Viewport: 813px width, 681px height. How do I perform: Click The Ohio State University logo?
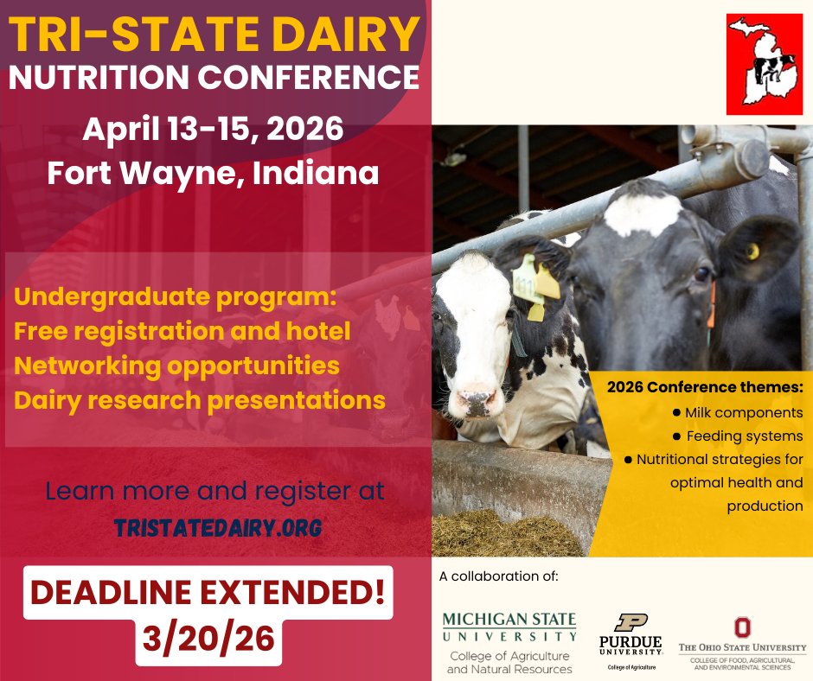(x=741, y=641)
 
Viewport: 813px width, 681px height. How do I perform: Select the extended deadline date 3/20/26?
(x=208, y=638)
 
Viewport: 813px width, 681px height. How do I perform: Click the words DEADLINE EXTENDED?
(x=208, y=594)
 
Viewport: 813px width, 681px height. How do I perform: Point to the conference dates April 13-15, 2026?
(x=213, y=130)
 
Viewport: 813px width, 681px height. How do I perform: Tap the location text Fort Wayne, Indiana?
(x=213, y=173)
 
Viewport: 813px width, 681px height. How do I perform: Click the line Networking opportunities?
(x=177, y=365)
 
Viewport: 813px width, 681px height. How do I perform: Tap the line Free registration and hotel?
(x=182, y=330)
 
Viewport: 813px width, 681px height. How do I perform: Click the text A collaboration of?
(x=499, y=576)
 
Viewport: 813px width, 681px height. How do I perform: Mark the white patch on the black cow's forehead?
(x=642, y=213)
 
